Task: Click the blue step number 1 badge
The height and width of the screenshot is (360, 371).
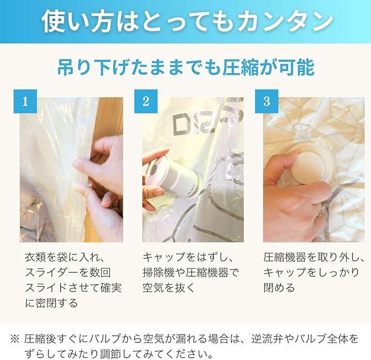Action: click(x=25, y=101)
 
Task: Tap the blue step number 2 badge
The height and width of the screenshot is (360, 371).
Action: click(x=146, y=101)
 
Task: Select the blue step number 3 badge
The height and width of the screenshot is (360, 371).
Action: click(x=266, y=101)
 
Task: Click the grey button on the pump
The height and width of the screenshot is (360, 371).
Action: click(x=154, y=168)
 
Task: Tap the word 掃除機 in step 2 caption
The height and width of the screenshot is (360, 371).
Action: click(x=159, y=272)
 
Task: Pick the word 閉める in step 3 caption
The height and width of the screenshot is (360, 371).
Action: click(x=279, y=287)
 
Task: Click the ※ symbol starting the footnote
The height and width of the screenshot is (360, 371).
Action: click(x=14, y=339)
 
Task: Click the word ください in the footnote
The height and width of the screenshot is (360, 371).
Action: click(x=191, y=354)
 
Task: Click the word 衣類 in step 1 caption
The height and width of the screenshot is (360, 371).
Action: click(x=36, y=257)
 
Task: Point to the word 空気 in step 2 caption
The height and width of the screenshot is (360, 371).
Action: click(x=154, y=287)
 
